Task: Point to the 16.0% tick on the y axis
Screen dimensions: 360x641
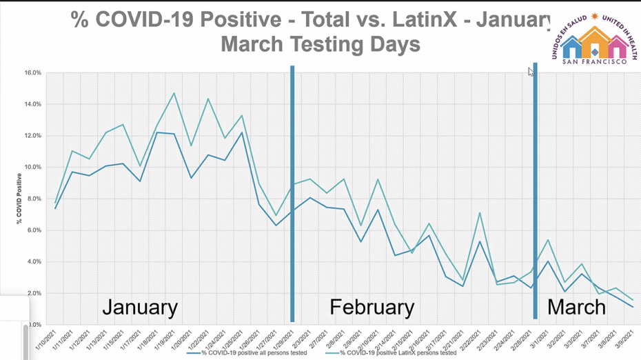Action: (33, 72)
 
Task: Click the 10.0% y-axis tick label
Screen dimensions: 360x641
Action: (33, 167)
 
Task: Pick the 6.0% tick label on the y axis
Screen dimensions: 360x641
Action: (34, 230)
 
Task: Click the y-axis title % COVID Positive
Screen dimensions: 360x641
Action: (20, 199)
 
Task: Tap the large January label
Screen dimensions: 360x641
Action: (140, 307)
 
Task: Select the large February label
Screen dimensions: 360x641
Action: (372, 307)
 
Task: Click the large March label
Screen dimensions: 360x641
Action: (576, 307)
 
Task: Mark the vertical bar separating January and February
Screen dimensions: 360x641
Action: (292, 193)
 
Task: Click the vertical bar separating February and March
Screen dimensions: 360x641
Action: (535, 193)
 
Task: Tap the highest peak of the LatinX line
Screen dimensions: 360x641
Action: (174, 93)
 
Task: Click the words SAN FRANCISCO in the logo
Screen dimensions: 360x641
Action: (595, 61)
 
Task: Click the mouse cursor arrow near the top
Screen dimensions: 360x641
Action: (531, 71)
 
